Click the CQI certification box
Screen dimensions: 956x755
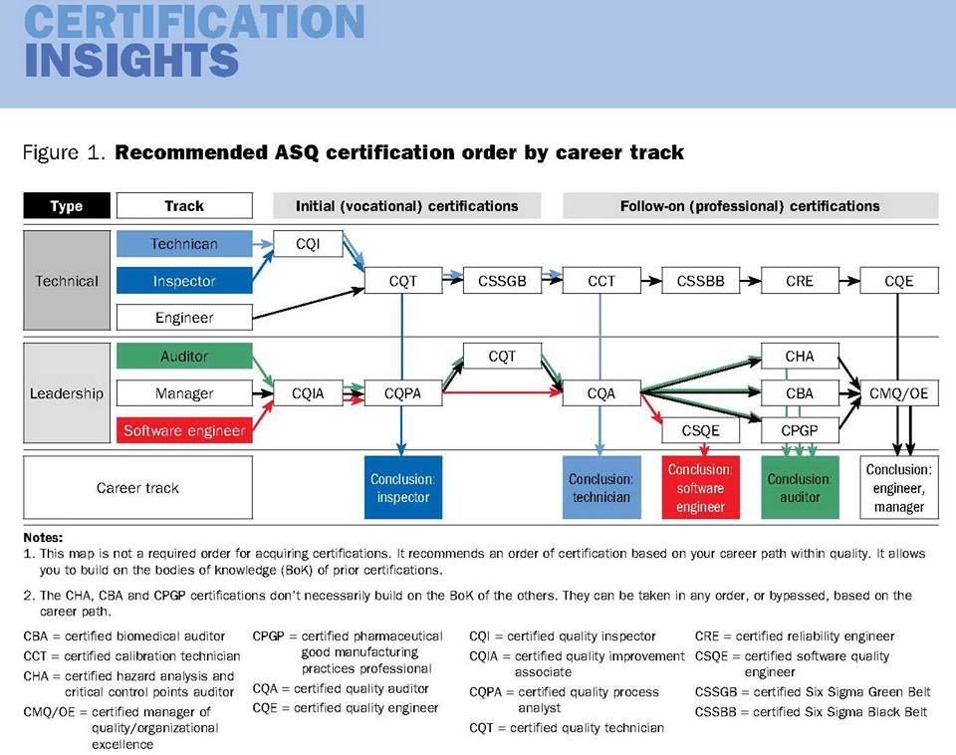tap(308, 244)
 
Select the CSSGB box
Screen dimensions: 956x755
tap(502, 281)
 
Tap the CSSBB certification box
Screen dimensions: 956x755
tap(700, 281)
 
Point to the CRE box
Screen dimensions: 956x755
tap(800, 281)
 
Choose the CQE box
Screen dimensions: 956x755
tap(898, 281)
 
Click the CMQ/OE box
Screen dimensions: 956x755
tap(898, 393)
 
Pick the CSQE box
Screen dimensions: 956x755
tap(700, 430)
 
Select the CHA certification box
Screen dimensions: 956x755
tap(800, 357)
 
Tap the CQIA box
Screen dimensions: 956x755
tap(308, 393)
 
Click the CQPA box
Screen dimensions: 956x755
tap(403, 393)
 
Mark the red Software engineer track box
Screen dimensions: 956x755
tap(184, 430)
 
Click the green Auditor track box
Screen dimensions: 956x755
tap(184, 357)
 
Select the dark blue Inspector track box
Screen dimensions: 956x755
tap(184, 281)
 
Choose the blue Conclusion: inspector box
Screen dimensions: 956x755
tap(403, 487)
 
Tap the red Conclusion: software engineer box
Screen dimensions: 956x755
tap(700, 487)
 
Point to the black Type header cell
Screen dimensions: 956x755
tap(67, 205)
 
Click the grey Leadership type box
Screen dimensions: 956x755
tap(67, 392)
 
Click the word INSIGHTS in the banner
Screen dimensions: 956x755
tap(131, 61)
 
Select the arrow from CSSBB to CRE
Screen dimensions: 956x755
tap(751, 281)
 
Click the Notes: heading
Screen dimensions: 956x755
tap(43, 537)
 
